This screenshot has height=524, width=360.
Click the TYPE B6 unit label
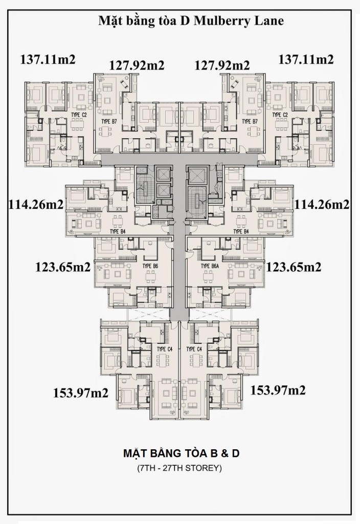click(150, 266)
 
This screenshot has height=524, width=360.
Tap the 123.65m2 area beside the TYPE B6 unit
click(63, 267)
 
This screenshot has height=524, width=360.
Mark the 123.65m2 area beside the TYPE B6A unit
click(294, 267)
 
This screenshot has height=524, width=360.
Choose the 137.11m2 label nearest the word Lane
click(306, 59)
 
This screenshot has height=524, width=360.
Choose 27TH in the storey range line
click(170, 468)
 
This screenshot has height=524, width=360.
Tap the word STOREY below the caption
click(202, 468)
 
